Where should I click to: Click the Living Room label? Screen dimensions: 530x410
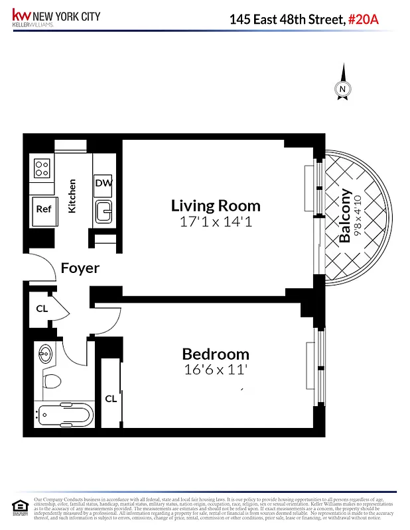(x=216, y=205)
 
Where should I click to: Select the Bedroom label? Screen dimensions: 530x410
(x=216, y=354)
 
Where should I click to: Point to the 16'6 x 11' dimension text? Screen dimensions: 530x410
(x=216, y=370)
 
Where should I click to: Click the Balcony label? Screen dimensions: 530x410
(x=344, y=216)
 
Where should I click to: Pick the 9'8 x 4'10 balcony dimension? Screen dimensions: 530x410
(x=358, y=216)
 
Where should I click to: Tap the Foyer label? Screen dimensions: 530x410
(x=80, y=268)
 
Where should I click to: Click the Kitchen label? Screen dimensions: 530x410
(x=72, y=196)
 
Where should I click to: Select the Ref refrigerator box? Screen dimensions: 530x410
(x=43, y=209)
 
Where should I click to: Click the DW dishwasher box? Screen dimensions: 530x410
(x=103, y=183)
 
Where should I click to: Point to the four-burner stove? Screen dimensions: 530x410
(x=42, y=168)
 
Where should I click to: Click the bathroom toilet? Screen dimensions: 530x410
(x=50, y=382)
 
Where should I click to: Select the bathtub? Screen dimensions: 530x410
(x=64, y=416)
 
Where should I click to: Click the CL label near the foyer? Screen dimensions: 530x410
(x=42, y=308)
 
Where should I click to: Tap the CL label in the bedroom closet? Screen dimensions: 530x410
(x=111, y=398)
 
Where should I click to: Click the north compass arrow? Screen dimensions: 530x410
(x=343, y=83)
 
